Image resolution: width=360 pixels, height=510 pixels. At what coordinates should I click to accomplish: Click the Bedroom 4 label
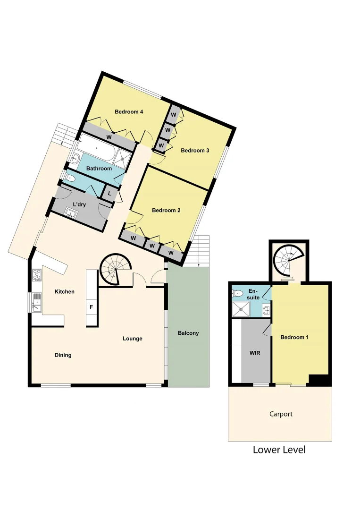click(x=129, y=112)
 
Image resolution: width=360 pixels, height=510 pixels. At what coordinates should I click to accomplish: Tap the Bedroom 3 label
click(x=195, y=151)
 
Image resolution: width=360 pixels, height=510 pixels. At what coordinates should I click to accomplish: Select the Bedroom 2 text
click(x=166, y=211)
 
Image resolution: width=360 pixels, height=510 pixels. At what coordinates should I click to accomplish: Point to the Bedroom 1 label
click(x=294, y=338)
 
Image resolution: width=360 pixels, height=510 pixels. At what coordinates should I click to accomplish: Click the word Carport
click(x=281, y=414)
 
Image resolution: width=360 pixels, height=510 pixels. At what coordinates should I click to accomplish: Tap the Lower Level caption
click(x=279, y=450)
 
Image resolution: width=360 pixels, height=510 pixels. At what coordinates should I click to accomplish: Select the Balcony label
click(x=188, y=333)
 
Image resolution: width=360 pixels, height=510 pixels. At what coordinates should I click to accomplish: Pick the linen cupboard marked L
click(x=109, y=194)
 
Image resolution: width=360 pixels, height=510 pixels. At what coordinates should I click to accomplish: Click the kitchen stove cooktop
click(x=37, y=274)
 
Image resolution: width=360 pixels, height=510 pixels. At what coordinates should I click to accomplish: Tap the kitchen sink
click(x=36, y=302)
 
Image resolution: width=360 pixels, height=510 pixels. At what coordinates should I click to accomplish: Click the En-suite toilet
click(x=238, y=294)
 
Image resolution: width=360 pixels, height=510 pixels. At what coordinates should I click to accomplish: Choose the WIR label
click(x=255, y=353)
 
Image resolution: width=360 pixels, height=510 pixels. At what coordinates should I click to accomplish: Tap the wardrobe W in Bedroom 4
click(x=109, y=137)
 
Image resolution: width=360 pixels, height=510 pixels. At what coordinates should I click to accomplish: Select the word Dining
click(x=63, y=355)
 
